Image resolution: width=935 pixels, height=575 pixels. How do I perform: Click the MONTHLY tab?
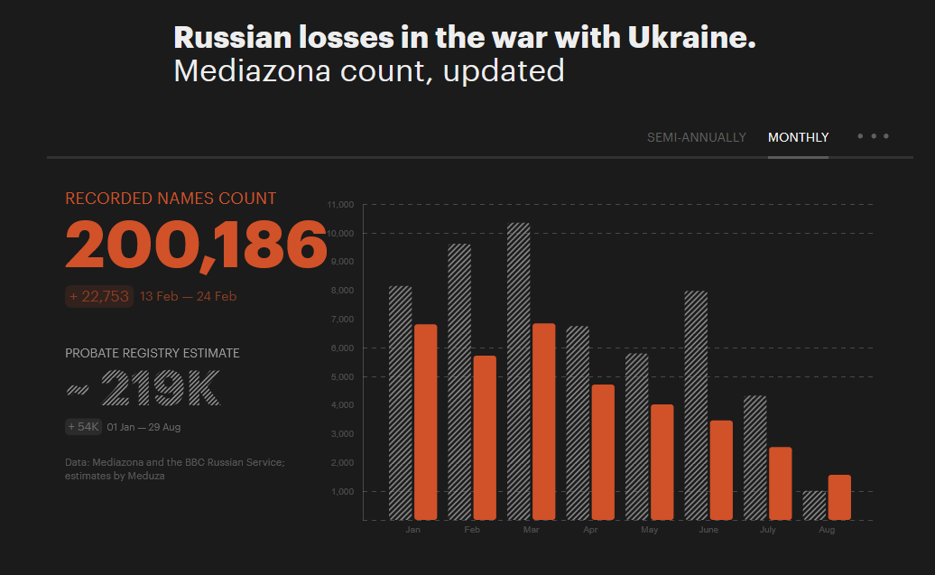pyautogui.click(x=798, y=137)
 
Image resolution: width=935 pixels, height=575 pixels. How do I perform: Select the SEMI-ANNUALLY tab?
pyautogui.click(x=696, y=137)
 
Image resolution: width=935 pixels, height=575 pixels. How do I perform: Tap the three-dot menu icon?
pyautogui.click(x=873, y=136)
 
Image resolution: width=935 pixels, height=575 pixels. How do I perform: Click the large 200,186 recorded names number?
pyautogui.click(x=196, y=245)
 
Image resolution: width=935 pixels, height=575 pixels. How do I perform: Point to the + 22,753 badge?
pyautogui.click(x=99, y=296)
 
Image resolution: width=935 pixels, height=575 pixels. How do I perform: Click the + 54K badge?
pyautogui.click(x=83, y=426)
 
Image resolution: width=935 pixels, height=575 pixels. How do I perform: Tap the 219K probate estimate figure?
pyautogui.click(x=160, y=388)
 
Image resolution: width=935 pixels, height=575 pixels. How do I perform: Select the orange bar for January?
pyautogui.click(x=425, y=422)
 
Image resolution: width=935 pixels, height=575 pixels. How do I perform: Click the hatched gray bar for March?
pyautogui.click(x=519, y=371)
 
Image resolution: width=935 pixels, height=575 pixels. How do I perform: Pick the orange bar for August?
pyautogui.click(x=838, y=497)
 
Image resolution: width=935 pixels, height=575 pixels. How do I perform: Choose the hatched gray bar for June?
pyautogui.click(x=696, y=405)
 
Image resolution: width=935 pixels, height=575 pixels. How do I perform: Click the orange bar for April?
pyautogui.click(x=602, y=452)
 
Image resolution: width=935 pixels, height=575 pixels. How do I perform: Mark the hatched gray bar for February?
pyautogui.click(x=459, y=382)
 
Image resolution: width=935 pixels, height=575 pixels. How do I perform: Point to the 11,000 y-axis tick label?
pyautogui.click(x=341, y=205)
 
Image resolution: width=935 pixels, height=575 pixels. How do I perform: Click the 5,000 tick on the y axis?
pyautogui.click(x=343, y=376)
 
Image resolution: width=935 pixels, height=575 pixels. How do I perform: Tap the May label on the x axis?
pyautogui.click(x=649, y=530)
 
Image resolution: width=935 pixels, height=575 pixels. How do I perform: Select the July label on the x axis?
pyautogui.click(x=767, y=530)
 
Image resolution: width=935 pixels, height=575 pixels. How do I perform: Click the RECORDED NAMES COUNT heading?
pyautogui.click(x=171, y=199)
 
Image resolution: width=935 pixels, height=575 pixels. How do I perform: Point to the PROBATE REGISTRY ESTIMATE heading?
pyautogui.click(x=153, y=353)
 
